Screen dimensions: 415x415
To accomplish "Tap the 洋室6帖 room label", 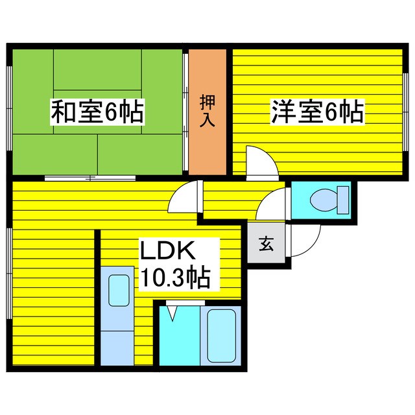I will coord(316,113).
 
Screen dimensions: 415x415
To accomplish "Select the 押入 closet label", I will coord(207,112).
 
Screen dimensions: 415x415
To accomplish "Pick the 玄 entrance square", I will coord(266,244).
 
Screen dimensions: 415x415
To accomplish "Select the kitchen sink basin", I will coord(117,290).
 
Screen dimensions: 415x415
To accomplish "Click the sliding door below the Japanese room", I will coord(91,177).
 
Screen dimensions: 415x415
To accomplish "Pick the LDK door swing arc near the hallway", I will coord(183,198).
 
